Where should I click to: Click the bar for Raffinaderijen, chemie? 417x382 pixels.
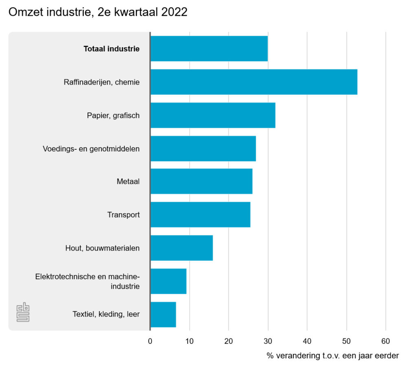coord(254,82)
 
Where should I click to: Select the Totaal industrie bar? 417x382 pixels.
coord(209,49)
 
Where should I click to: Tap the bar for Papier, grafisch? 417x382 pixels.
coord(213,115)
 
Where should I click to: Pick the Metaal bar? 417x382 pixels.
coord(201,181)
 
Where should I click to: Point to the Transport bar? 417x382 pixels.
coord(200,214)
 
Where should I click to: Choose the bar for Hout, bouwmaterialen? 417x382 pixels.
coord(182,248)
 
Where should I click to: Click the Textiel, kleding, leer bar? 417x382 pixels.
coord(163,314)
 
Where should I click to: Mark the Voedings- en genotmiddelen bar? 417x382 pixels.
coord(203,148)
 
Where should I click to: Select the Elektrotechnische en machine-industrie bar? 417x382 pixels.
coord(169,281)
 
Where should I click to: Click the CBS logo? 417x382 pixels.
coord(23,312)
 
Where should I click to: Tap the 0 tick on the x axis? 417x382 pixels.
coord(150,341)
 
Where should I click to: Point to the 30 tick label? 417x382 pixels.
coord(268,341)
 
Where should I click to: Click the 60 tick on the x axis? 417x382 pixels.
coord(386,341)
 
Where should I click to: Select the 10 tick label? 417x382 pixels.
coord(189,341)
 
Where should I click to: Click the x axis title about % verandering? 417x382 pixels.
coord(333,356)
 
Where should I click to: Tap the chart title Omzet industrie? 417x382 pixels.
coord(98,12)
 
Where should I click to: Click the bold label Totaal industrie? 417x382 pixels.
coord(112,49)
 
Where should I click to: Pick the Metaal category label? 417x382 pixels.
coord(128,181)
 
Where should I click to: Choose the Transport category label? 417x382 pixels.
coord(123,214)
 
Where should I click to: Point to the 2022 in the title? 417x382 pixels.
coord(174,12)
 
